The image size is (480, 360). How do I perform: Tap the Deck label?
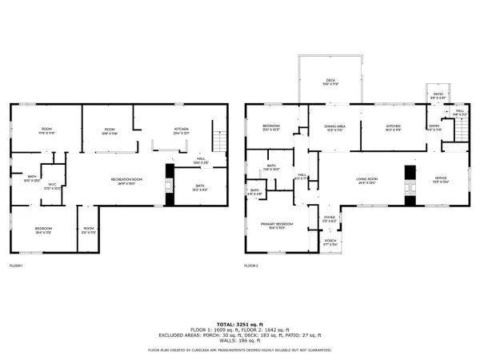[x=330, y=81]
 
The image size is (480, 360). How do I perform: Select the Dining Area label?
[x=334, y=127]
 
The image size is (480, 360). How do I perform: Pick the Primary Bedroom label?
[x=276, y=225]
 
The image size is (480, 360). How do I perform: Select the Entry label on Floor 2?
[x=434, y=126]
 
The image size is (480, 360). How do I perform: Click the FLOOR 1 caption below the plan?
[x=16, y=265]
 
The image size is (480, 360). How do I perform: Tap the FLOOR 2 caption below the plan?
[x=251, y=265]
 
